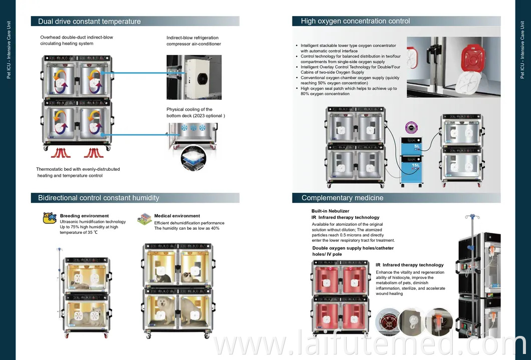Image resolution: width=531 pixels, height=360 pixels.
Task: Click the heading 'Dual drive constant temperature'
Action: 89,22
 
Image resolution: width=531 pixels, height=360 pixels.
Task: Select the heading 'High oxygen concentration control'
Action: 355,21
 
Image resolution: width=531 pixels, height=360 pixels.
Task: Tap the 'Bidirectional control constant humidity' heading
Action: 99,198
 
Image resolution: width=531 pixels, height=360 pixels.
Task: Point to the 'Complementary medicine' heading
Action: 342,198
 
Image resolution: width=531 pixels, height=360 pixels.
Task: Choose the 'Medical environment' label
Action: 177,216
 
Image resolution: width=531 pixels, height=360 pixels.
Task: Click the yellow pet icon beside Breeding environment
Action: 50,218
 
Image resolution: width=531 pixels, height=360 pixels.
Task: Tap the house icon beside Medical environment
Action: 144,218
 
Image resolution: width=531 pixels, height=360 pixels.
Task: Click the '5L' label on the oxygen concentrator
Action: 417,146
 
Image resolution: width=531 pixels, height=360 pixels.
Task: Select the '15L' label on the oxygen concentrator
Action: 416,165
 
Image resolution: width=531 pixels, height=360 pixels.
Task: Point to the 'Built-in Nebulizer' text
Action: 330,211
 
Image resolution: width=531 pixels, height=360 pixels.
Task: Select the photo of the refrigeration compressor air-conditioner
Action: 193,77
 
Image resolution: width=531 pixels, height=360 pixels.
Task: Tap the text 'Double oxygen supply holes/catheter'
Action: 353,248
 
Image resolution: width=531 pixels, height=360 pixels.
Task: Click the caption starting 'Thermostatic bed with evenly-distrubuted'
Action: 78,169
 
